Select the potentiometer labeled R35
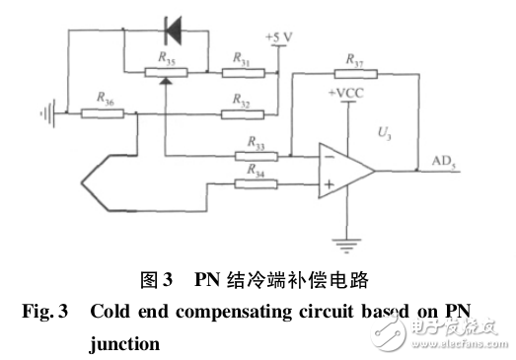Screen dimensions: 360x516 164,71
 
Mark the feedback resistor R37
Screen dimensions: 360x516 352,72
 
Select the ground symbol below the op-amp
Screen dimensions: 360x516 347,240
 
